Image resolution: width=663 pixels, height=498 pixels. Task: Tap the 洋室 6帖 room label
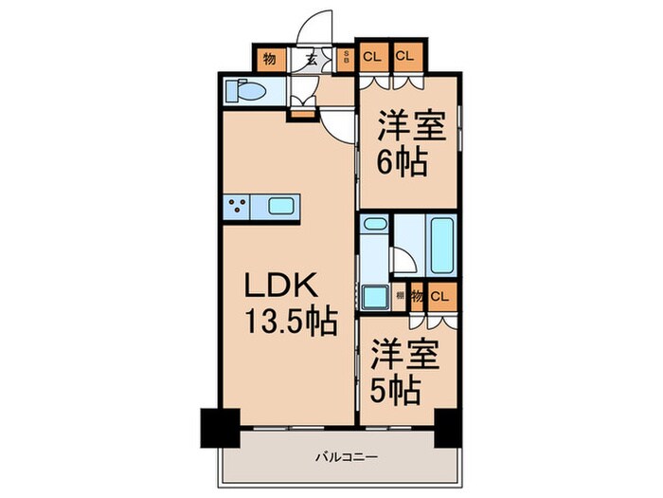click(406, 143)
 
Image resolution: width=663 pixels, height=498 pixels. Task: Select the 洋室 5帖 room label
click(406, 371)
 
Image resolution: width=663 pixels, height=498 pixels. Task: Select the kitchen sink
click(283, 205)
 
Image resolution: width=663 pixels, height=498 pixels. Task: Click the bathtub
click(441, 246)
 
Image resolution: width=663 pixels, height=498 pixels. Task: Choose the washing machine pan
click(375, 297)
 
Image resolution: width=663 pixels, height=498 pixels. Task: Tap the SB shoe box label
click(347, 57)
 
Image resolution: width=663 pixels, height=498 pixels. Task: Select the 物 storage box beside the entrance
click(270, 59)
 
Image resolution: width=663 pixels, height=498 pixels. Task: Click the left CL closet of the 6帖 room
click(372, 56)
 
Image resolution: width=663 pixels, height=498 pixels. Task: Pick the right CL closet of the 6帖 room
click(405, 56)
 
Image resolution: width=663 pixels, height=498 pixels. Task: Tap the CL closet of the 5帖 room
click(438, 296)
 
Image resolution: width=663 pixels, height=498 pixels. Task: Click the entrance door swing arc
click(316, 27)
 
